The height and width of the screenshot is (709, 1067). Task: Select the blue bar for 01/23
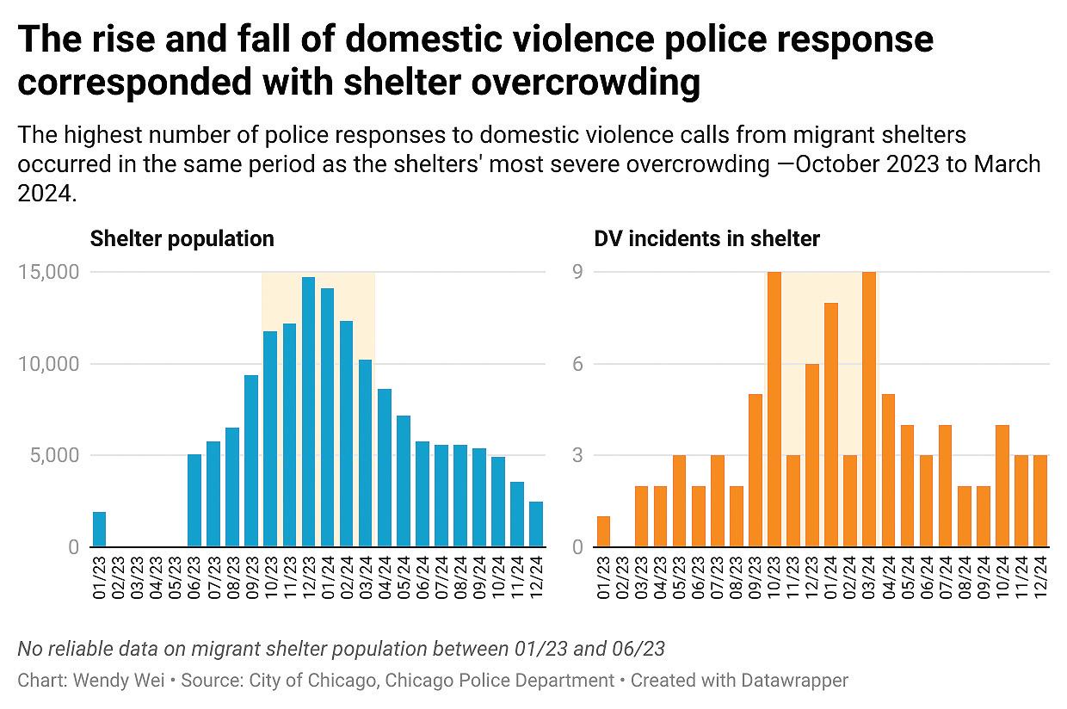click(99, 529)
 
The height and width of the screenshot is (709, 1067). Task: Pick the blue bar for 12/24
click(536, 524)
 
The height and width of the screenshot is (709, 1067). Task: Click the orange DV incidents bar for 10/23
click(774, 410)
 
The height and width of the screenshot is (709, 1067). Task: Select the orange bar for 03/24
click(869, 410)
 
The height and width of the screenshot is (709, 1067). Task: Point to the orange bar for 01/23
click(603, 532)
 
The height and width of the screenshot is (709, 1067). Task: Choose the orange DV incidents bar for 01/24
click(831, 425)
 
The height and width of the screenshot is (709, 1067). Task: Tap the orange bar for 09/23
click(755, 470)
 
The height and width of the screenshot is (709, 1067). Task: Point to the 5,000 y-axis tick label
click(55, 455)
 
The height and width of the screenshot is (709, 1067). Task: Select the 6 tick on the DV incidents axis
click(578, 364)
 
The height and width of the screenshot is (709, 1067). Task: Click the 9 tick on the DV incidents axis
click(578, 272)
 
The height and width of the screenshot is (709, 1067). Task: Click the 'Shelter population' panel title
click(182, 238)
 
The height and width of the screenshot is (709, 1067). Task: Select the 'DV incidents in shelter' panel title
click(706, 238)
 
